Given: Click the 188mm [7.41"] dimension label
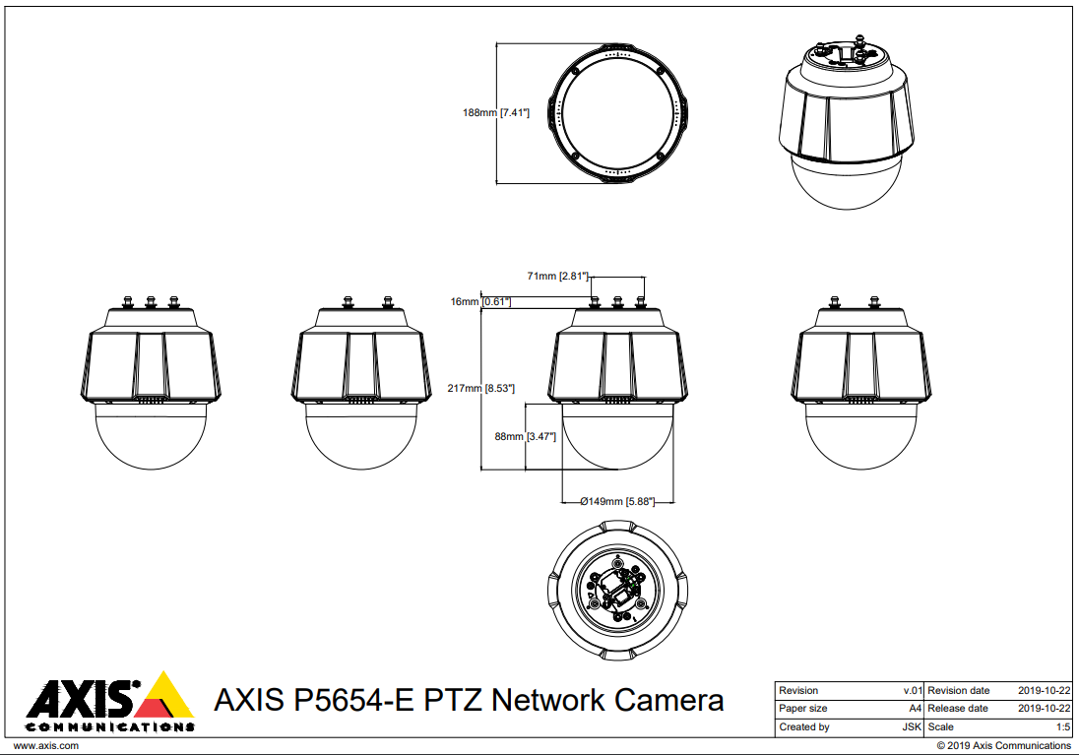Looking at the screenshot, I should coord(496,113).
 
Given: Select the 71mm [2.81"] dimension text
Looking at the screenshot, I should coord(558,277).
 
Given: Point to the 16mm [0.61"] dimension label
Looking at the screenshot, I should coord(480,301).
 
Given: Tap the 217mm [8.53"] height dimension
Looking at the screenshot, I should coord(481,389).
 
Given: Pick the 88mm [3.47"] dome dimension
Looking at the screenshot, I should coord(526,436).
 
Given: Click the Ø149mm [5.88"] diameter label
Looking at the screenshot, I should coord(617,501).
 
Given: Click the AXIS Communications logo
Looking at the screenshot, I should coord(109,702).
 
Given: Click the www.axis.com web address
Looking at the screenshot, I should coord(45,746).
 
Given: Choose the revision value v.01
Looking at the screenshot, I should coord(913,691).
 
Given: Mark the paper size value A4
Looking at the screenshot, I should coord(916,709).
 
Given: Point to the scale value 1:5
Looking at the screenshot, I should coord(1063,727).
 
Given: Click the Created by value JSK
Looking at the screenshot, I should coord(913,727).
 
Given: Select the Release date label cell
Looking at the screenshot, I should coord(958,709).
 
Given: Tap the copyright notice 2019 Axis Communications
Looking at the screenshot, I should coord(1003,746).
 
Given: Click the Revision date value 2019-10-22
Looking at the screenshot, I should coord(1045,691).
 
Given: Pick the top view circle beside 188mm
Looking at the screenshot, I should coord(617,112).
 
